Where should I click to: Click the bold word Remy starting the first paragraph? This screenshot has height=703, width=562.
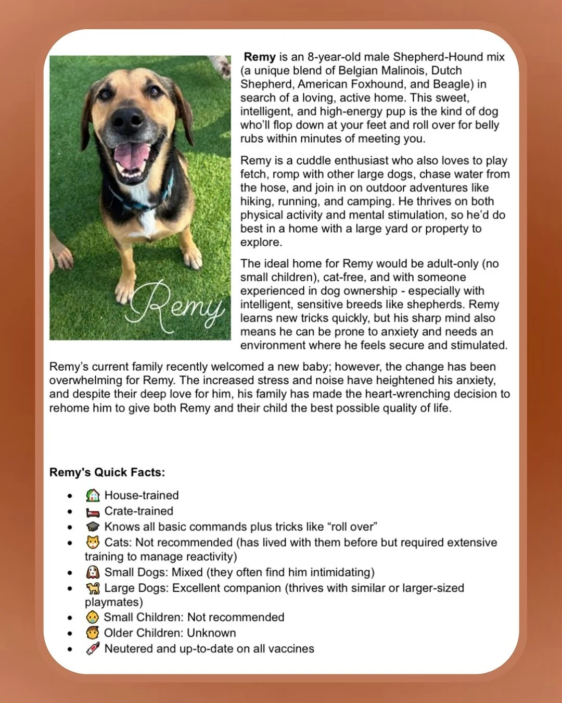pyautogui.click(x=259, y=57)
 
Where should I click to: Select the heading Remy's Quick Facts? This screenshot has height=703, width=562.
pyautogui.click(x=107, y=472)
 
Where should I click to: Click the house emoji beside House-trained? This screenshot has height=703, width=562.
pyautogui.click(x=93, y=495)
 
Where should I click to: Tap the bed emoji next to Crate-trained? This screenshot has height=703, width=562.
pyautogui.click(x=93, y=511)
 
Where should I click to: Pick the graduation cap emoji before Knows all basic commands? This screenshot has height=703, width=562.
pyautogui.click(x=93, y=527)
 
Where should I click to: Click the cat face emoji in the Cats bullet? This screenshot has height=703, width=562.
pyautogui.click(x=93, y=543)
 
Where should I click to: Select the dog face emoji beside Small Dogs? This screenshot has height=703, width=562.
pyautogui.click(x=93, y=572)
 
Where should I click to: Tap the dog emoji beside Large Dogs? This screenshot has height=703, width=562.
pyautogui.click(x=93, y=588)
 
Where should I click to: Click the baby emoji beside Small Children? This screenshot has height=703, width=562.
pyautogui.click(x=92, y=618)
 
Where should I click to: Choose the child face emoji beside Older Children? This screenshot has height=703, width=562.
pyautogui.click(x=92, y=633)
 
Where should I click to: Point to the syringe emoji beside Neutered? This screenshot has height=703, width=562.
pyautogui.click(x=93, y=649)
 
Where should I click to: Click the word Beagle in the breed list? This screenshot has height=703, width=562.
pyautogui.click(x=454, y=84)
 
